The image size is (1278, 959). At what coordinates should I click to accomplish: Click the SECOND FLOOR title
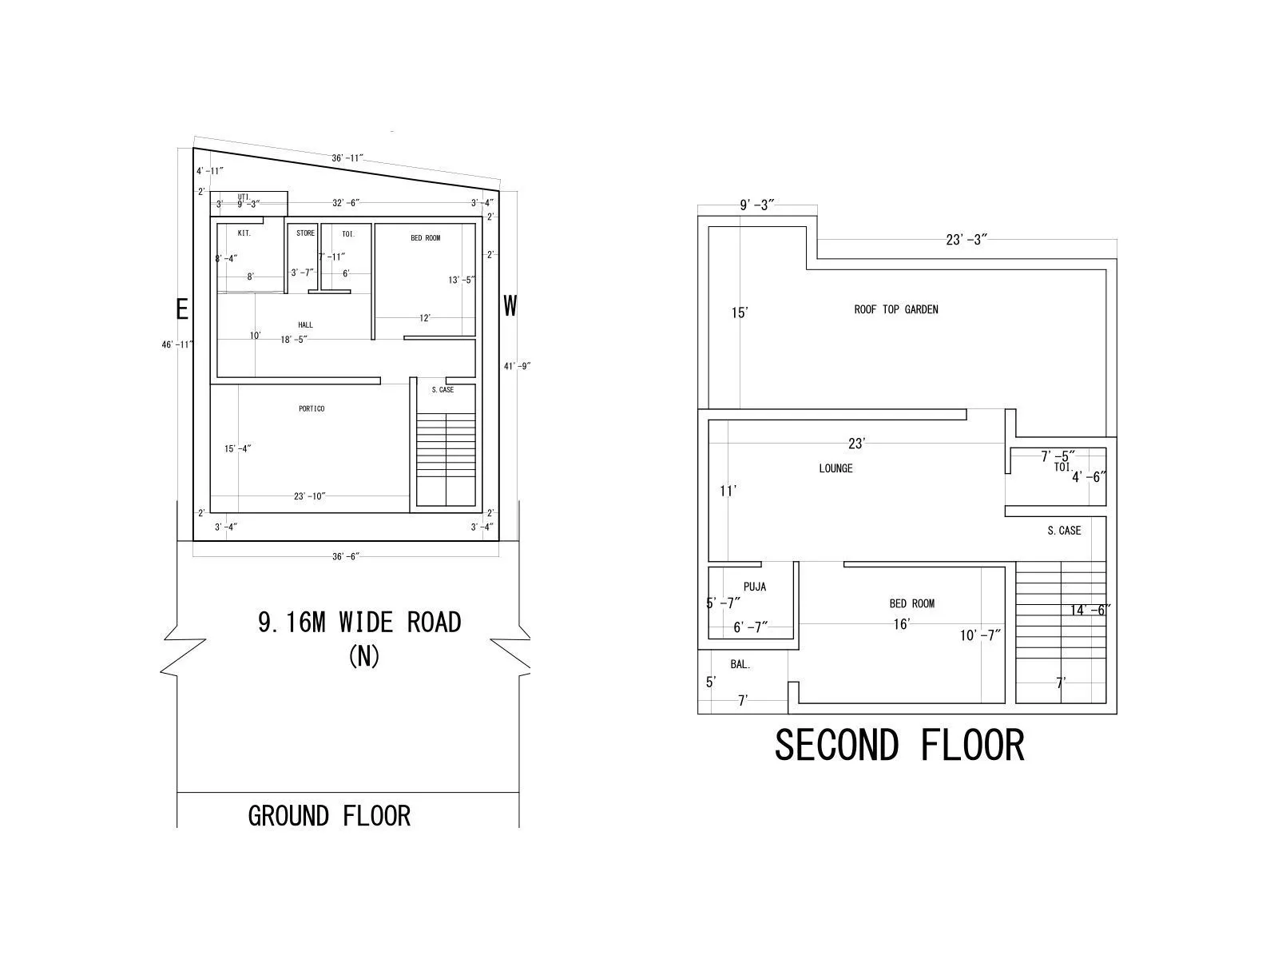(x=899, y=745)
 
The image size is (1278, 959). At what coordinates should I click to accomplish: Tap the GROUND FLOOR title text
(x=329, y=816)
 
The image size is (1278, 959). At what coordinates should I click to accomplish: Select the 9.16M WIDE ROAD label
(x=359, y=622)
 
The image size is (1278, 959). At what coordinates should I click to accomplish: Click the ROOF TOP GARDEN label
(x=896, y=309)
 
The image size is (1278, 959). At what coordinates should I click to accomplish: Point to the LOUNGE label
(x=835, y=468)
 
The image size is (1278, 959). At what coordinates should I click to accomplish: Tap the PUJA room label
(x=754, y=587)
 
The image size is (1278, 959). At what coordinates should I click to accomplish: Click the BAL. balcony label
(x=740, y=664)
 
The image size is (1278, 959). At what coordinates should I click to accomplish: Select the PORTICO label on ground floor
(x=312, y=408)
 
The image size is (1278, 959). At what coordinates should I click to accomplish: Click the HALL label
(x=305, y=324)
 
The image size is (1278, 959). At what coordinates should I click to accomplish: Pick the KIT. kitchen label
(x=244, y=233)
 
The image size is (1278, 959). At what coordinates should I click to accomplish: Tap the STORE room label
(x=305, y=233)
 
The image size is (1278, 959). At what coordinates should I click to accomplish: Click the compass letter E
(x=182, y=309)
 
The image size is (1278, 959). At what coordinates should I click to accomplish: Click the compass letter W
(x=510, y=305)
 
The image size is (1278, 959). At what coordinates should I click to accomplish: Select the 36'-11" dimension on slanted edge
(x=347, y=158)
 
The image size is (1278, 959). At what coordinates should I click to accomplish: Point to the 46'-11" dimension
(x=177, y=344)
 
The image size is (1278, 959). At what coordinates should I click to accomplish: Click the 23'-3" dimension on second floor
(x=966, y=240)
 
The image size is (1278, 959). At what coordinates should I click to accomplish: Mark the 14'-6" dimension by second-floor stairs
(x=1090, y=610)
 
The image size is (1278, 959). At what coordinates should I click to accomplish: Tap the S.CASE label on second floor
(x=1064, y=531)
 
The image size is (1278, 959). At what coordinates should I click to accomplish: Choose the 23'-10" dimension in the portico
(x=310, y=496)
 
